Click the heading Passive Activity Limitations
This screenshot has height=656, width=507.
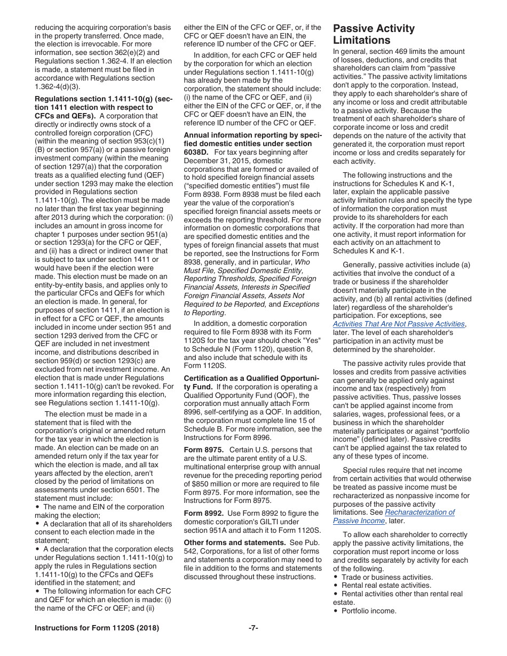click(x=374, y=34)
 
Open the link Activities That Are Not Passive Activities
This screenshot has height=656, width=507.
click(x=399, y=324)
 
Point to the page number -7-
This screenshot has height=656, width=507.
click(x=253, y=628)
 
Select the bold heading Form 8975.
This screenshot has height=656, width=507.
click(x=203, y=450)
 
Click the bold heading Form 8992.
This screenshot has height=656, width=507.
click(x=203, y=513)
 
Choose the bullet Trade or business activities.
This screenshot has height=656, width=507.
click(x=387, y=577)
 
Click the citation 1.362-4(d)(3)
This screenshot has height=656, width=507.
click(x=59, y=86)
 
